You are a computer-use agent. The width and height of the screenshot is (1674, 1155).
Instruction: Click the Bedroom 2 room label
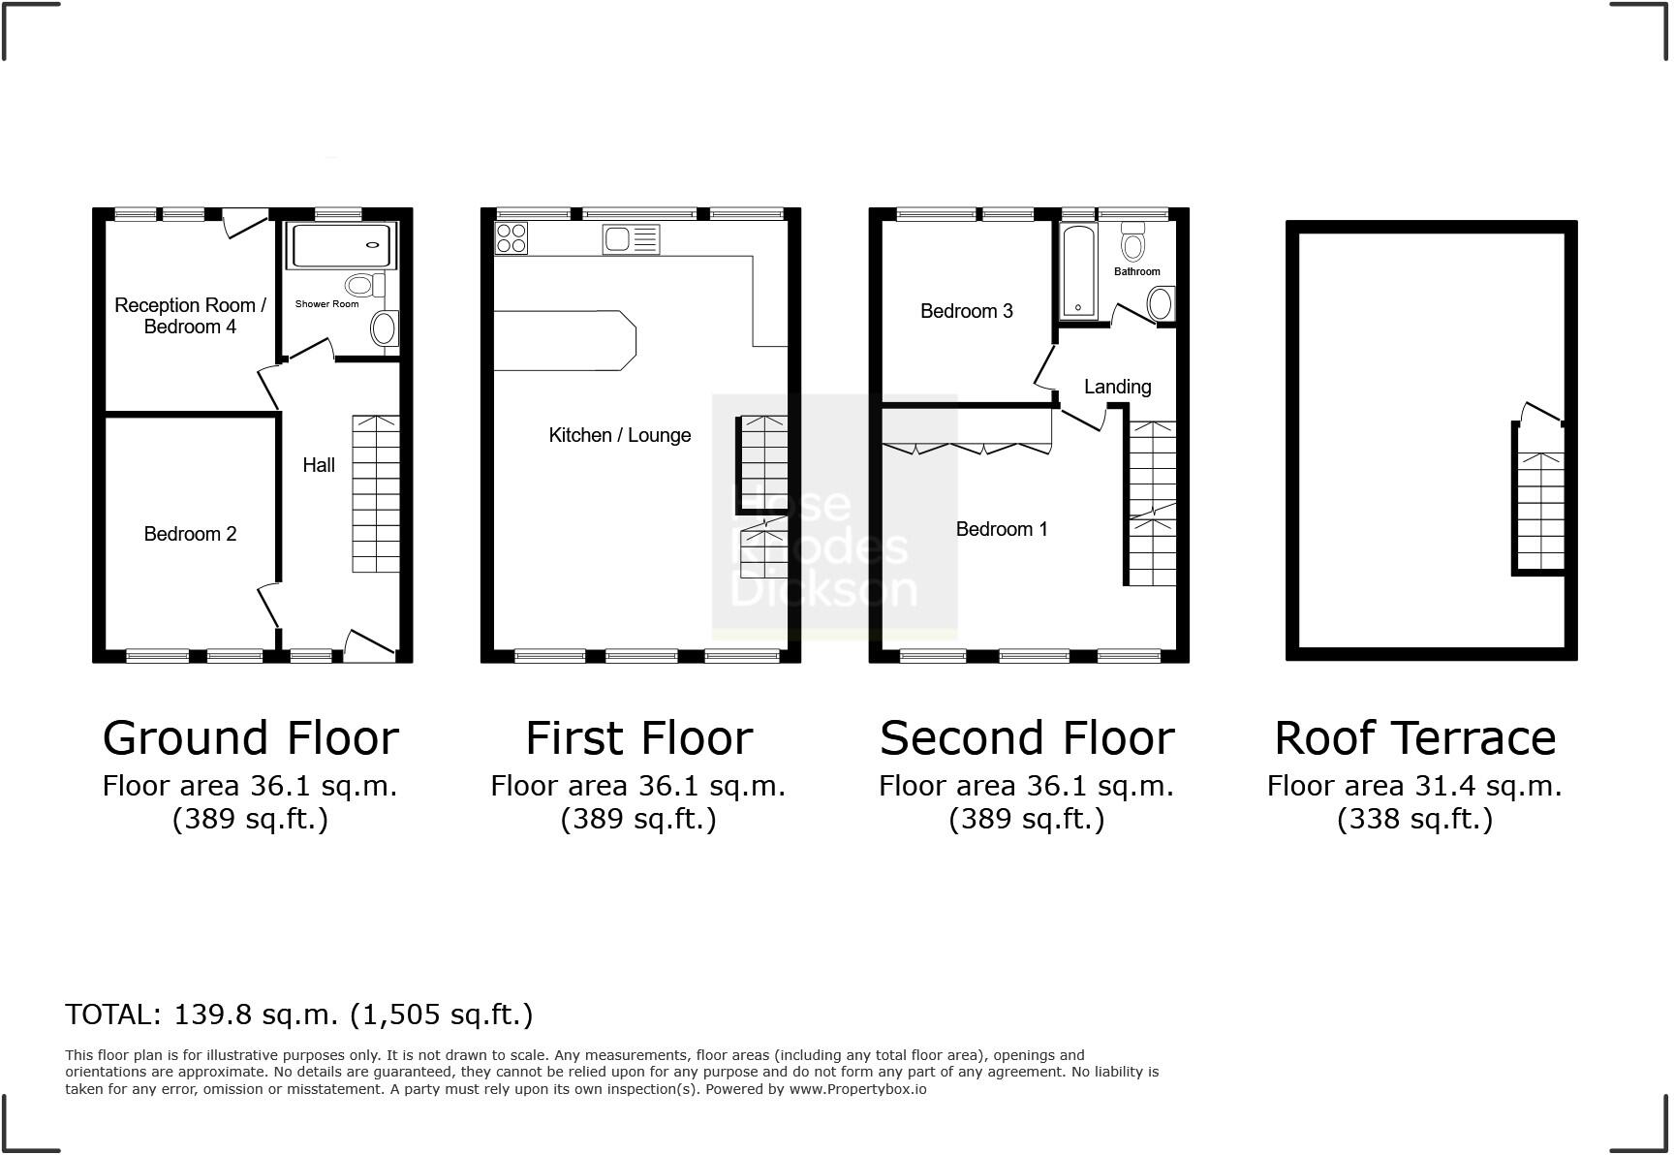pos(190,534)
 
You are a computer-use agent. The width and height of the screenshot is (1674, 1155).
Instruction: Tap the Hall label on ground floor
pos(319,465)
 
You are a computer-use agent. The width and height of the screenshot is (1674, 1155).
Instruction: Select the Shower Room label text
pos(326,304)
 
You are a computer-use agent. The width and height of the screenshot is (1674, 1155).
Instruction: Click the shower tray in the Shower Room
pos(343,246)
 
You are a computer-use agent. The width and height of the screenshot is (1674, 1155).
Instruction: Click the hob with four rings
pos(511,238)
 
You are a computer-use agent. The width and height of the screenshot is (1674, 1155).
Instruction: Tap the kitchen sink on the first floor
pos(631,238)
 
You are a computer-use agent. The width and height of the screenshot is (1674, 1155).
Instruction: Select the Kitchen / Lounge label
pos(620,435)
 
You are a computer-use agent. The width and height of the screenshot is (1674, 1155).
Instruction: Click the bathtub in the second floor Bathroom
pos(1078,271)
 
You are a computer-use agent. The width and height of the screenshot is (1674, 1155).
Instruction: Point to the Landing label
pos(1117,387)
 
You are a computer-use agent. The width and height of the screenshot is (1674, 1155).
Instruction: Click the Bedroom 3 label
pos(966,311)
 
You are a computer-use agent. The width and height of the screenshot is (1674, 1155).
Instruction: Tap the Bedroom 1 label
pos(1001,529)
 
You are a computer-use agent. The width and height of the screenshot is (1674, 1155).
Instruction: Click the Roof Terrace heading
pos(1414,738)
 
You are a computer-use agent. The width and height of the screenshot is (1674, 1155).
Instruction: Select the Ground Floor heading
pos(250,738)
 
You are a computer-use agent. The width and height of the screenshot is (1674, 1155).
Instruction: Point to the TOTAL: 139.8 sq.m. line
pos(298,1015)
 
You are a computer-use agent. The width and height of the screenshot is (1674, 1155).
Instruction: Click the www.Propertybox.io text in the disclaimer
pos(857,1089)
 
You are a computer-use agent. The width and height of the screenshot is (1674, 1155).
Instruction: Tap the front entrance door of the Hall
pos(369,643)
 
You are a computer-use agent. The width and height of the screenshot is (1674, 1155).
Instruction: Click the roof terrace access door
pos(1540,414)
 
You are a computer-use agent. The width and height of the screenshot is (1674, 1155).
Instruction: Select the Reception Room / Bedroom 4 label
pos(190,316)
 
